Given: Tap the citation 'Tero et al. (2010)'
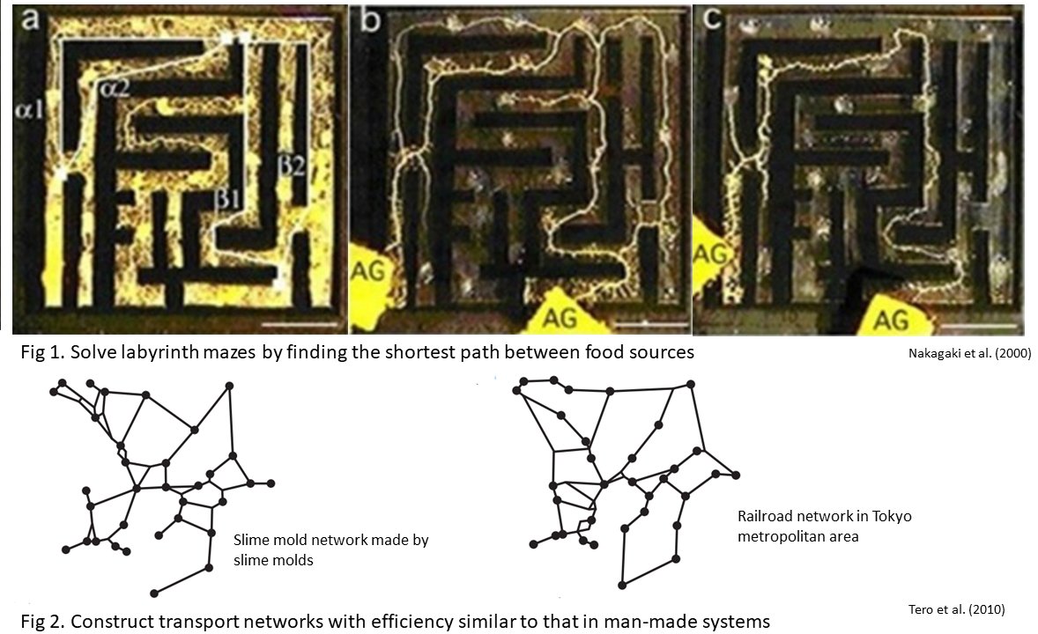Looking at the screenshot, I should tap(956, 608).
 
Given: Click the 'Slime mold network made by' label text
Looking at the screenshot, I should tap(330, 540).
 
